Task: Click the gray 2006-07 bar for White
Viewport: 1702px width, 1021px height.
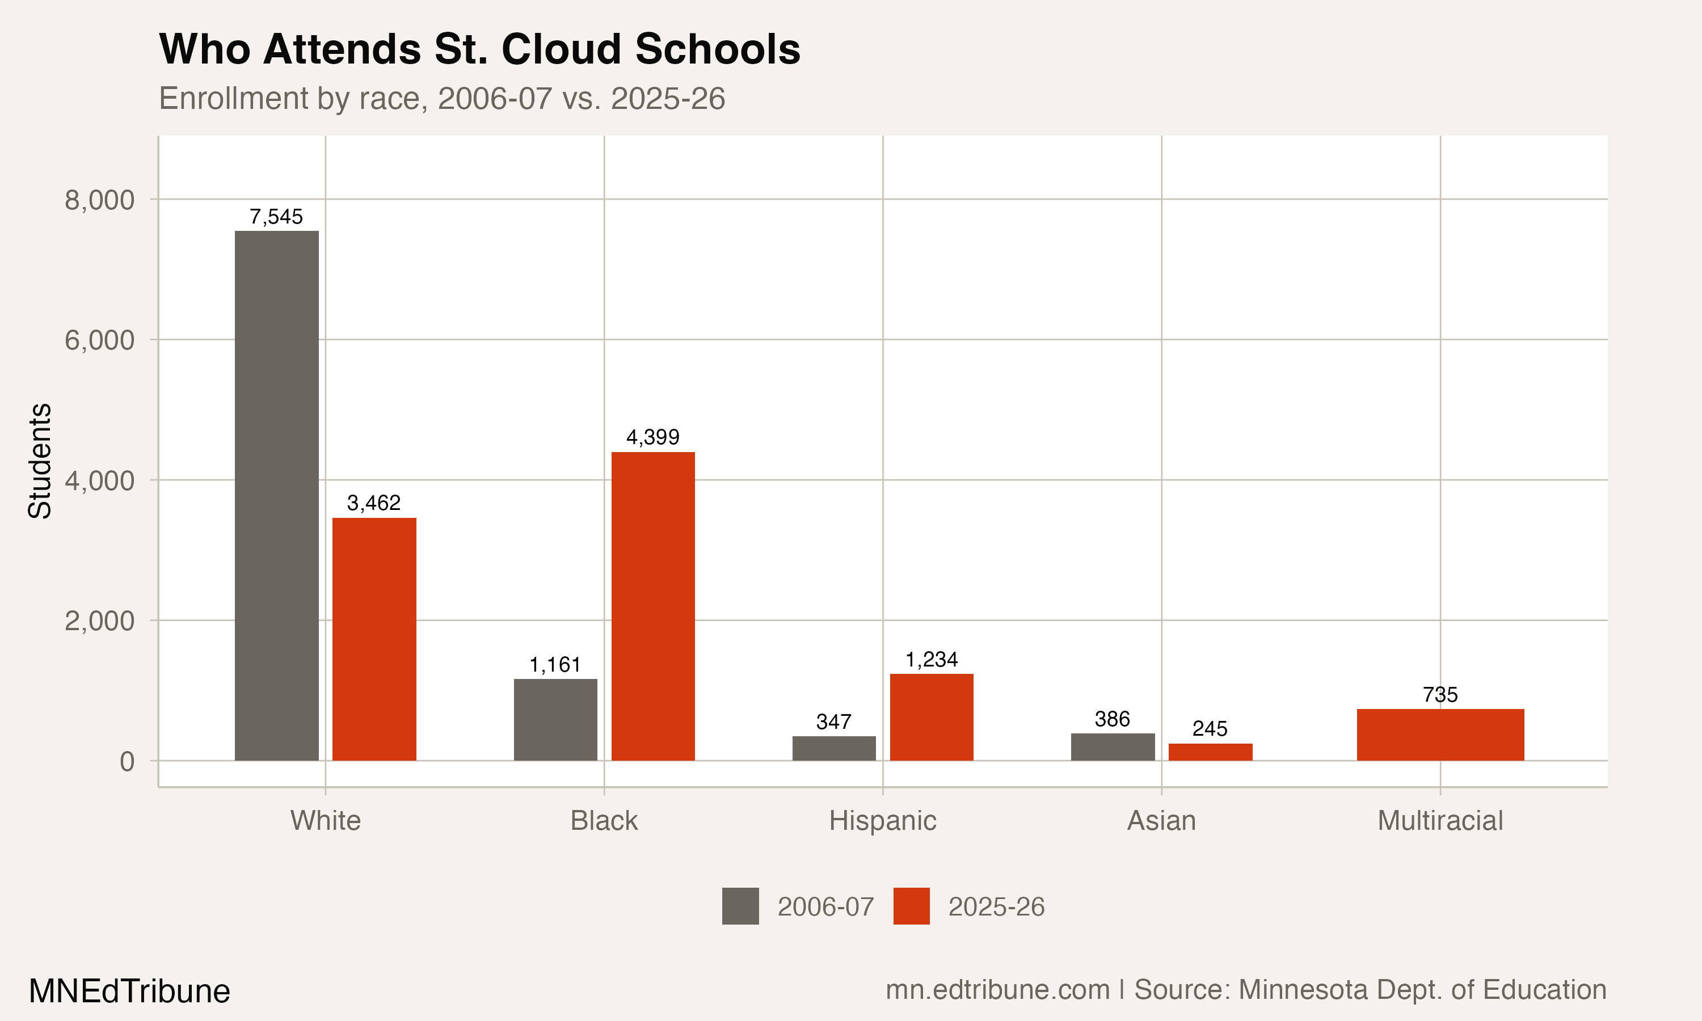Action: click(276, 495)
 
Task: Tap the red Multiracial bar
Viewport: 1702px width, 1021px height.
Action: click(1440, 735)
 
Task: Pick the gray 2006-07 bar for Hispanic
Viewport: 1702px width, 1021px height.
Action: click(834, 749)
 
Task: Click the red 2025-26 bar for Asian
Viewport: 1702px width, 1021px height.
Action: click(1210, 752)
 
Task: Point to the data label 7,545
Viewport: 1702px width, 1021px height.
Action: click(276, 217)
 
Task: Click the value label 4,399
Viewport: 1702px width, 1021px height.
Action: click(652, 437)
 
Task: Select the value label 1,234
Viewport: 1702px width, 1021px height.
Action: click(932, 660)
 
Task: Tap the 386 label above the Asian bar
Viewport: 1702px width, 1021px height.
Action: click(1112, 719)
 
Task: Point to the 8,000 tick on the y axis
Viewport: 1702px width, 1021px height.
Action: click(99, 200)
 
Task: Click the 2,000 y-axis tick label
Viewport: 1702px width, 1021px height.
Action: click(99, 621)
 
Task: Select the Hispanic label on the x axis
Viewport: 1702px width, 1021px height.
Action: click(883, 821)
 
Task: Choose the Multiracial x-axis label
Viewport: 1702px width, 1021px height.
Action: click(1440, 821)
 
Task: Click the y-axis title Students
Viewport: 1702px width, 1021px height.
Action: click(40, 461)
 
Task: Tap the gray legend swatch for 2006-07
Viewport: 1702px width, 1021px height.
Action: click(740, 906)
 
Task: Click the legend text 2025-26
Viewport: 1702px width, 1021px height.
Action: click(996, 907)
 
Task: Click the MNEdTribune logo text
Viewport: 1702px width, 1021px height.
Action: click(129, 992)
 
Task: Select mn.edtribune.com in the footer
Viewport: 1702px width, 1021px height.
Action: click(997, 990)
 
